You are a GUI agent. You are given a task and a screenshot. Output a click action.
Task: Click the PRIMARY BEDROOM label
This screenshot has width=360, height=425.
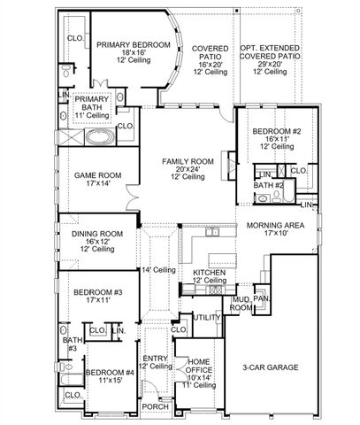coord(134,44)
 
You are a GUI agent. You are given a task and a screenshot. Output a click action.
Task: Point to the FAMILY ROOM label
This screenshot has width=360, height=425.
coord(188,161)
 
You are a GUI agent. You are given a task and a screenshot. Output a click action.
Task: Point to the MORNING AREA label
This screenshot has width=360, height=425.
coord(275,226)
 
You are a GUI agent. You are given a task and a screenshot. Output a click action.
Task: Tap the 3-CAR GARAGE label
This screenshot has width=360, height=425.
coord(271,367)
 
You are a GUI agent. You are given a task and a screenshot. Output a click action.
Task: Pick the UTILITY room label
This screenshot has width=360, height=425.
coord(207,317)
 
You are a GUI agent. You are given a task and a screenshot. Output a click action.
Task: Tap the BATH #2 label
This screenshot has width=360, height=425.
coord(268,186)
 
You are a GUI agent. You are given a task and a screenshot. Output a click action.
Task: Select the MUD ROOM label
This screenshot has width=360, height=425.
coord(241,304)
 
